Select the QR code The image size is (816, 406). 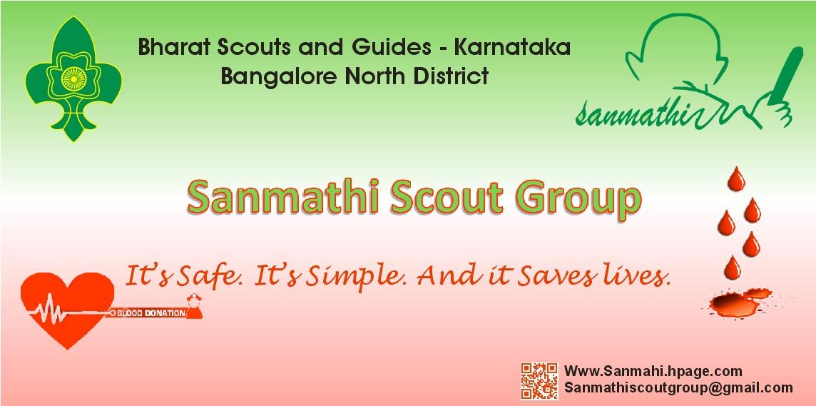(x=539, y=381)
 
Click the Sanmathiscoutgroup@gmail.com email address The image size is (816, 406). (x=678, y=387)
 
